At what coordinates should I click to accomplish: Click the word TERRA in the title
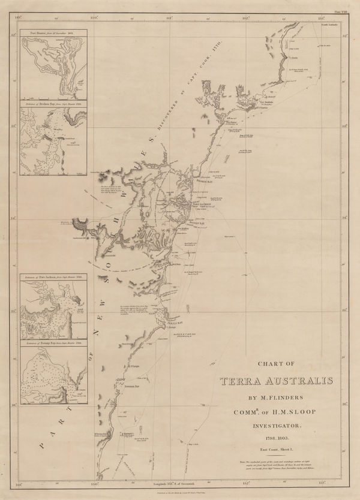(x=245, y=382)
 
